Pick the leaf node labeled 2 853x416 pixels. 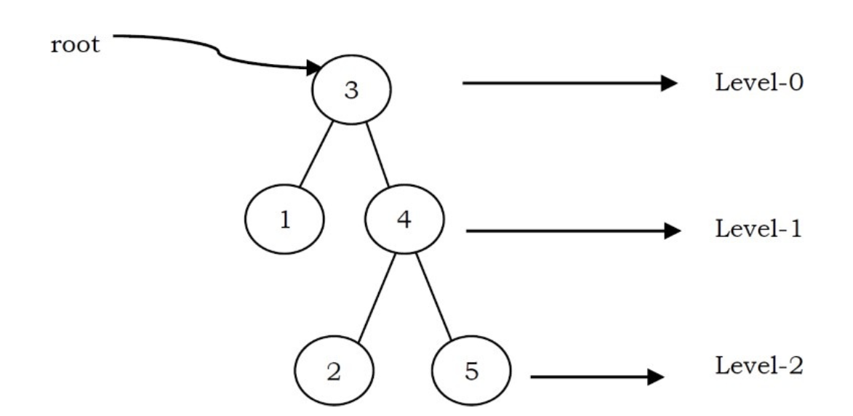click(x=334, y=372)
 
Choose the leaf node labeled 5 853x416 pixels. click(x=471, y=372)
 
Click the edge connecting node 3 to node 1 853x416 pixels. click(x=316, y=155)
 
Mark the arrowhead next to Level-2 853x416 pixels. click(x=657, y=377)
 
